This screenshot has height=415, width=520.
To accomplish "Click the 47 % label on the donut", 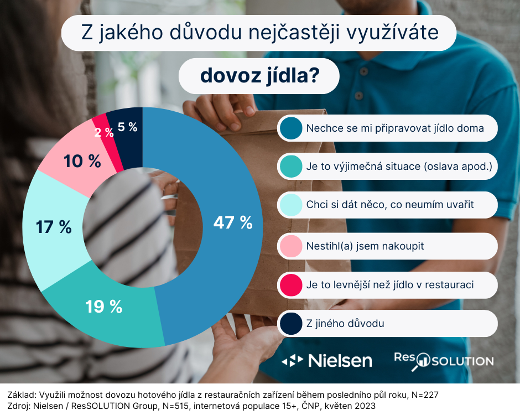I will [x=233, y=222].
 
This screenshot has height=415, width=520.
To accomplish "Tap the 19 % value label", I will [x=103, y=307].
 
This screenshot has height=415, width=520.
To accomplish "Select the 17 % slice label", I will [x=54, y=227].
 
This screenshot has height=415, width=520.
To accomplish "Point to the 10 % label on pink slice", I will [x=82, y=162].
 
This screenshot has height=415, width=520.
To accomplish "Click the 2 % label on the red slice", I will [x=104, y=132].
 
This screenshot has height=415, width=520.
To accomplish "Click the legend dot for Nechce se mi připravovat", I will [x=290, y=128].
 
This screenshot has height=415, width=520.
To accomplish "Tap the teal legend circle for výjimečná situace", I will [x=290, y=167].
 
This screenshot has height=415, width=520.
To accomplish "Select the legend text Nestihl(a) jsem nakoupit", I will [x=365, y=246].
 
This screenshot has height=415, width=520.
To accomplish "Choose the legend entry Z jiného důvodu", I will [x=345, y=323].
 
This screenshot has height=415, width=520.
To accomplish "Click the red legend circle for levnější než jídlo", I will [x=290, y=284].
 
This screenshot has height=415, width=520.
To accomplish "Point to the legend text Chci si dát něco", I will [x=389, y=205].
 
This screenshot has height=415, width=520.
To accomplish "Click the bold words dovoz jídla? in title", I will [x=258, y=76].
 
